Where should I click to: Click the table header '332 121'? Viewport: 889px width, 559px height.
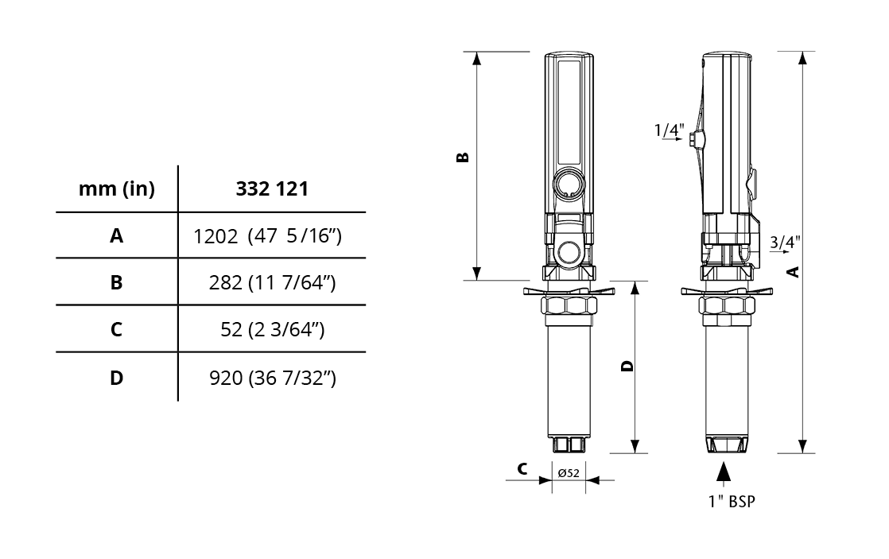pyautogui.click(x=272, y=188)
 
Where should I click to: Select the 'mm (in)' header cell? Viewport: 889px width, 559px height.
pyautogui.click(x=117, y=188)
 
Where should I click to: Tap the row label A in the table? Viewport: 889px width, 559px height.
pyautogui.click(x=116, y=235)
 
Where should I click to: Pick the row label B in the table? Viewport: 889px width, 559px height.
pyautogui.click(x=116, y=282)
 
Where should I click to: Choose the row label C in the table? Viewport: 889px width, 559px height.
pyautogui.click(x=116, y=329)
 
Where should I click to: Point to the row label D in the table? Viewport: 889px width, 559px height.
pyautogui.click(x=116, y=378)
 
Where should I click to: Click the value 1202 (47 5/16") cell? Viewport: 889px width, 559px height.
pyautogui.click(x=268, y=236)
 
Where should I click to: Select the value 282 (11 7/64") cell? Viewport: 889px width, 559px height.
pyautogui.click(x=272, y=282)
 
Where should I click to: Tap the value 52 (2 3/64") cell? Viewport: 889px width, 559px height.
pyautogui.click(x=272, y=329)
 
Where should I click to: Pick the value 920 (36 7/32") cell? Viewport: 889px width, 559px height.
pyautogui.click(x=273, y=378)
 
